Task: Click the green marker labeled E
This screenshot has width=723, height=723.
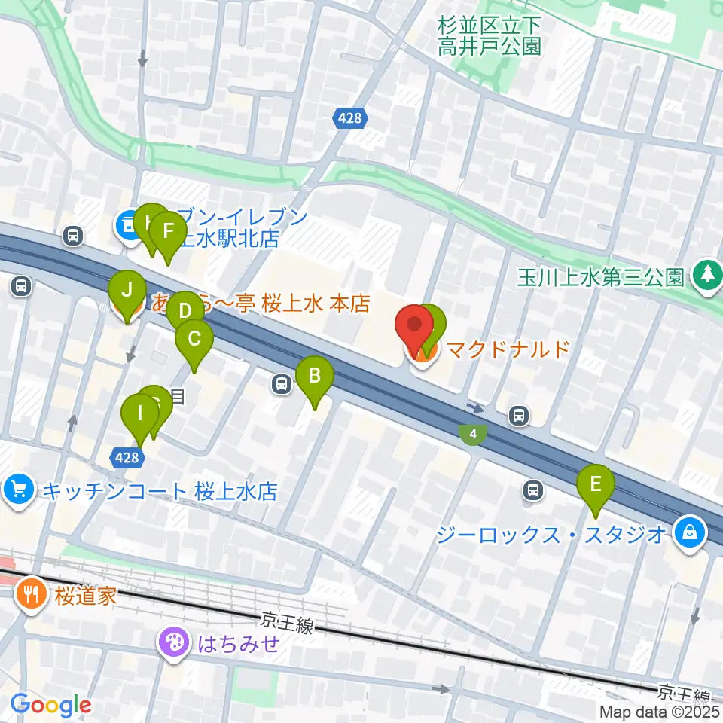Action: pyautogui.click(x=596, y=484)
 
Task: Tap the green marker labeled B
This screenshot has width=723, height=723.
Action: pyautogui.click(x=315, y=375)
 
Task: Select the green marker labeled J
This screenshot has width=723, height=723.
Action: pyautogui.click(x=127, y=290)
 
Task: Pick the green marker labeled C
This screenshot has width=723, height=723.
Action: pyautogui.click(x=194, y=339)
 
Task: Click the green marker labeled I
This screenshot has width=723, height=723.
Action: pyautogui.click(x=139, y=414)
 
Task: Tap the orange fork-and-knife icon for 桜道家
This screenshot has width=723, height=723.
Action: pyautogui.click(x=31, y=594)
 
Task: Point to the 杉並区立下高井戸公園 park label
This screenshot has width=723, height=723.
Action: pyautogui.click(x=489, y=35)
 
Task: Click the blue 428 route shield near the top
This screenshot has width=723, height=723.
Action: pyautogui.click(x=349, y=117)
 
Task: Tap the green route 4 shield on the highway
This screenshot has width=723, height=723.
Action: pyautogui.click(x=473, y=434)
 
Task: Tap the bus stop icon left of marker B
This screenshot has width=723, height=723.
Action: pyautogui.click(x=282, y=385)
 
